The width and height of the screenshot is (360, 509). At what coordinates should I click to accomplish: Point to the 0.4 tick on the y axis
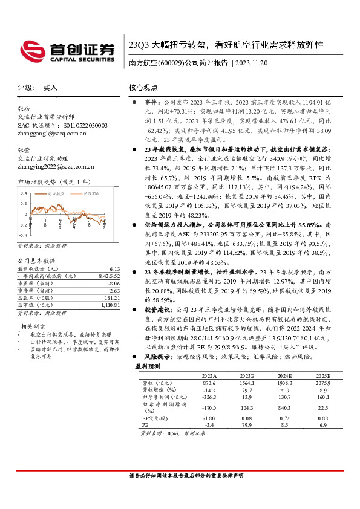(24, 193)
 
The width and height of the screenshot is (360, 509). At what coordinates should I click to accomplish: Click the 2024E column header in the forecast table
(267, 375)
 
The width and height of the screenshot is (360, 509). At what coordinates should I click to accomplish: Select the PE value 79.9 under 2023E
(228, 425)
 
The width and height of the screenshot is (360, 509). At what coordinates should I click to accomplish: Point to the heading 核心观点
(143, 88)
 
